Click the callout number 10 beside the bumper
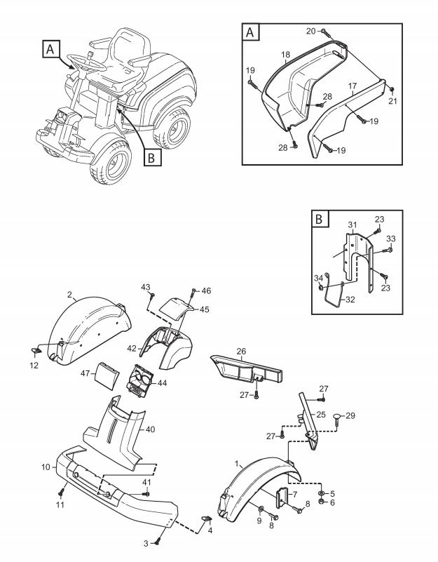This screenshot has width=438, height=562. click(x=44, y=467)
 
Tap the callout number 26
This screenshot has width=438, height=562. click(x=241, y=352)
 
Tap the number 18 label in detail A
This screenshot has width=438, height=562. click(x=286, y=54)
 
